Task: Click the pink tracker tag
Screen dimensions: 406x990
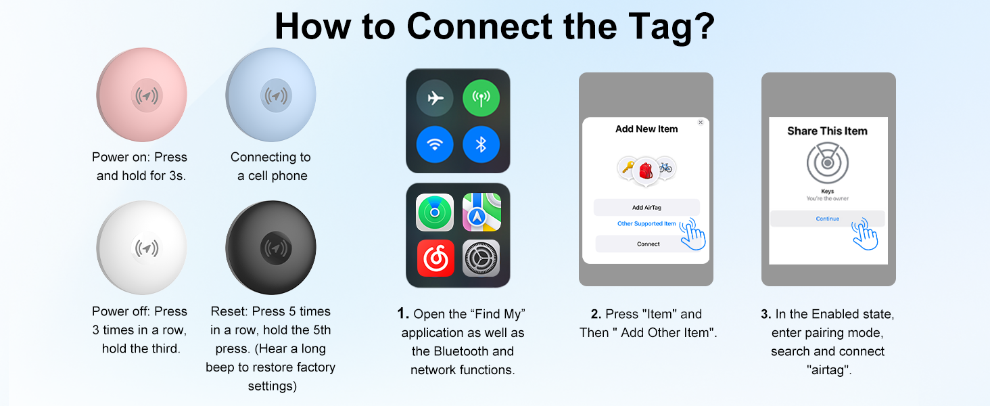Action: (x=142, y=95)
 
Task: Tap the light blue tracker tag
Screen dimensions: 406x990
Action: (x=271, y=95)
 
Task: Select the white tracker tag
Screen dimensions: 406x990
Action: (x=142, y=248)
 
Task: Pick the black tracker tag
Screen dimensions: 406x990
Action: (x=271, y=248)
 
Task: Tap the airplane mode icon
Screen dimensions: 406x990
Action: (x=435, y=99)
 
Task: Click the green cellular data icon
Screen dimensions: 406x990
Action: (x=481, y=99)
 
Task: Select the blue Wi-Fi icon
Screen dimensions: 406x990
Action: (x=435, y=144)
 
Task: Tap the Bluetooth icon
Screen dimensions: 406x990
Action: (x=481, y=144)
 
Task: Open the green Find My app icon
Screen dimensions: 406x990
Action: (x=435, y=212)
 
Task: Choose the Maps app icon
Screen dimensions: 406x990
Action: (x=481, y=212)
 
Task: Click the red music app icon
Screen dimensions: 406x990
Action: (x=435, y=258)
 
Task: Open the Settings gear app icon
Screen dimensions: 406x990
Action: (x=481, y=258)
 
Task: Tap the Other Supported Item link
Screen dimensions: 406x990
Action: (x=646, y=224)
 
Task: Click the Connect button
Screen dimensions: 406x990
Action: (x=648, y=244)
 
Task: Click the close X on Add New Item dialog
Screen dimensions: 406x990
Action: (x=701, y=122)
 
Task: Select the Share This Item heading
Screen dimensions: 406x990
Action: (x=827, y=131)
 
